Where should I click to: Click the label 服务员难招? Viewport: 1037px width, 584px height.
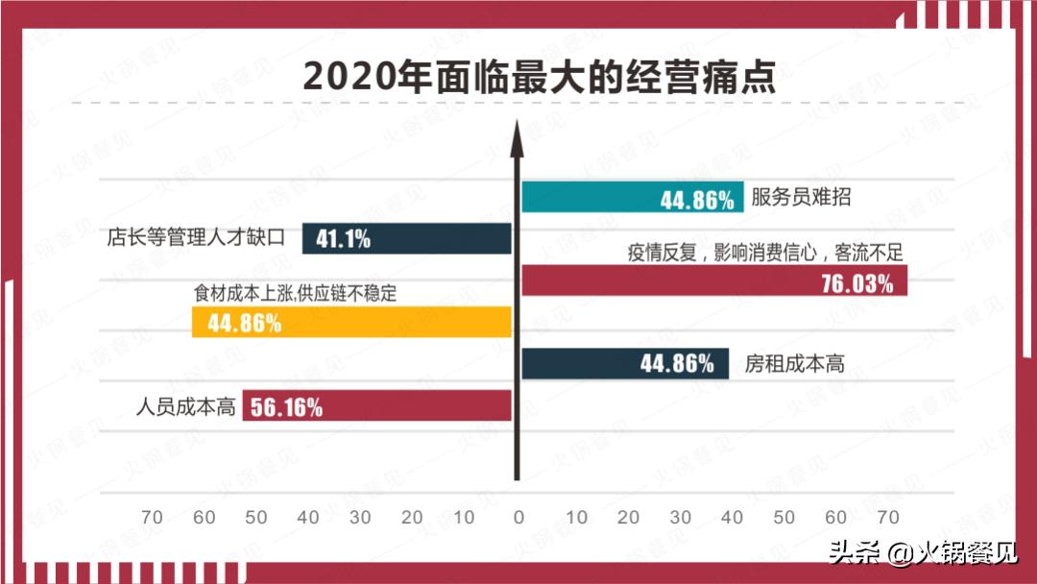tap(801, 198)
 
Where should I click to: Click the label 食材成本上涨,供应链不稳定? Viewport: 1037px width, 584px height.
tap(296, 294)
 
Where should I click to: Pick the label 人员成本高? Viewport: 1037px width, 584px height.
tap(186, 406)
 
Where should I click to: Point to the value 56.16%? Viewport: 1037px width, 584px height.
tap(286, 406)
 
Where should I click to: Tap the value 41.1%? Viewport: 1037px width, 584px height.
tap(343, 238)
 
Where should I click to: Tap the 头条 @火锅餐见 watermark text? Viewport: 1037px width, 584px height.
tap(923, 553)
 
